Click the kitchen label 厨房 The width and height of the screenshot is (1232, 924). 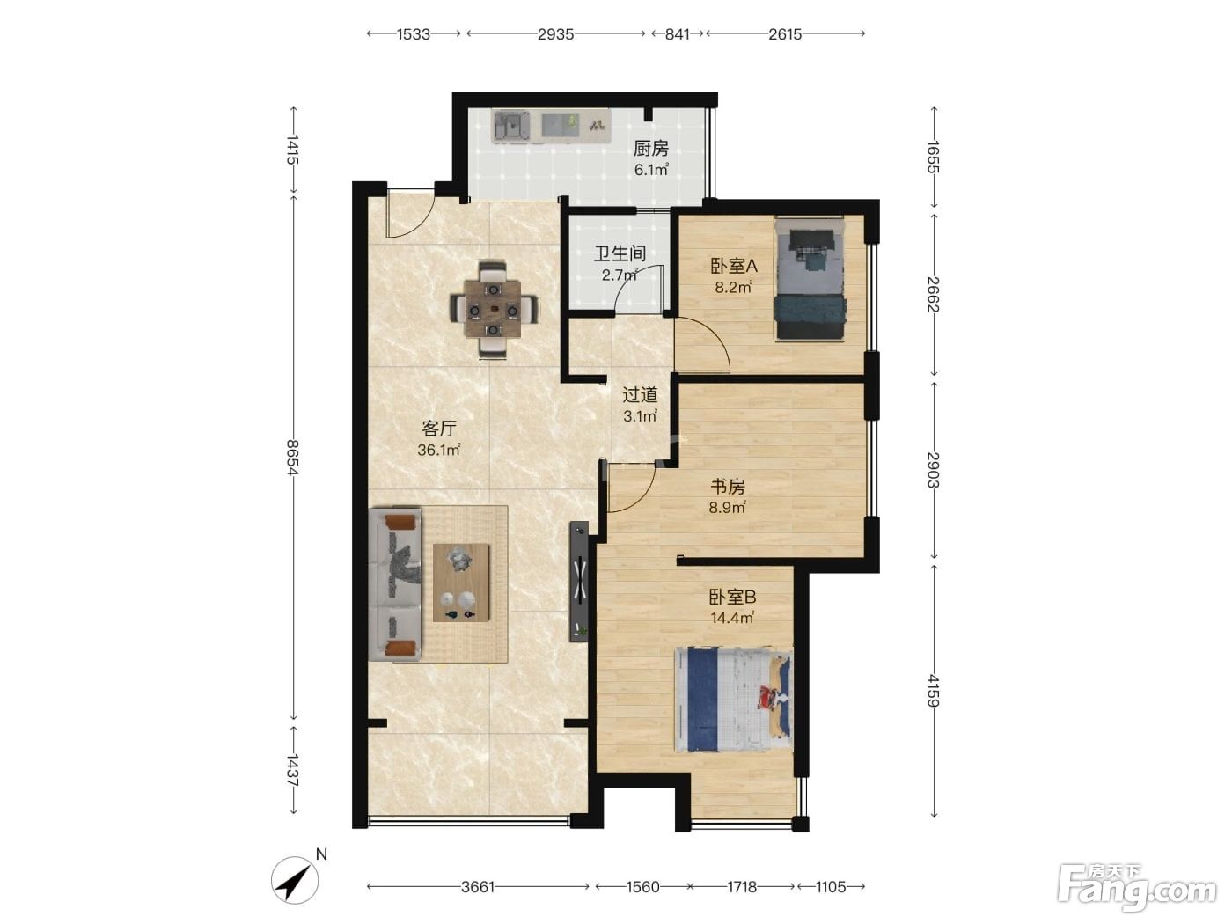point(650,149)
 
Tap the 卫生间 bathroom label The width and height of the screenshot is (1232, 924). point(620,253)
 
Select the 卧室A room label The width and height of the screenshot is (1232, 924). point(734,266)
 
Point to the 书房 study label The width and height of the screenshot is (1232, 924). point(728,486)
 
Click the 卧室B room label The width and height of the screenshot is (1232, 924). point(732,597)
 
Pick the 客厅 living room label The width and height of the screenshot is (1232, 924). point(439,429)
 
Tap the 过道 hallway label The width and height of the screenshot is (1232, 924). point(640,395)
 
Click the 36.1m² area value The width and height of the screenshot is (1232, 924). point(439,450)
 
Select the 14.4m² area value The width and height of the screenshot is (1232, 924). point(732,619)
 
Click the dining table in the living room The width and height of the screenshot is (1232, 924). point(493,309)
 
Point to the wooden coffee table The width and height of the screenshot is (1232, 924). point(461,583)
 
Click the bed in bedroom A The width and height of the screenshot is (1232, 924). point(809,279)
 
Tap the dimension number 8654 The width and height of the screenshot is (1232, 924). point(292,458)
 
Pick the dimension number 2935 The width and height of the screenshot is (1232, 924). point(555,34)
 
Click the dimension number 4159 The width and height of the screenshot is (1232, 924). point(933,691)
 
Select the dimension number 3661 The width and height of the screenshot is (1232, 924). point(478,887)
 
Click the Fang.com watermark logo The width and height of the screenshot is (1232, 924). point(1136,886)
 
